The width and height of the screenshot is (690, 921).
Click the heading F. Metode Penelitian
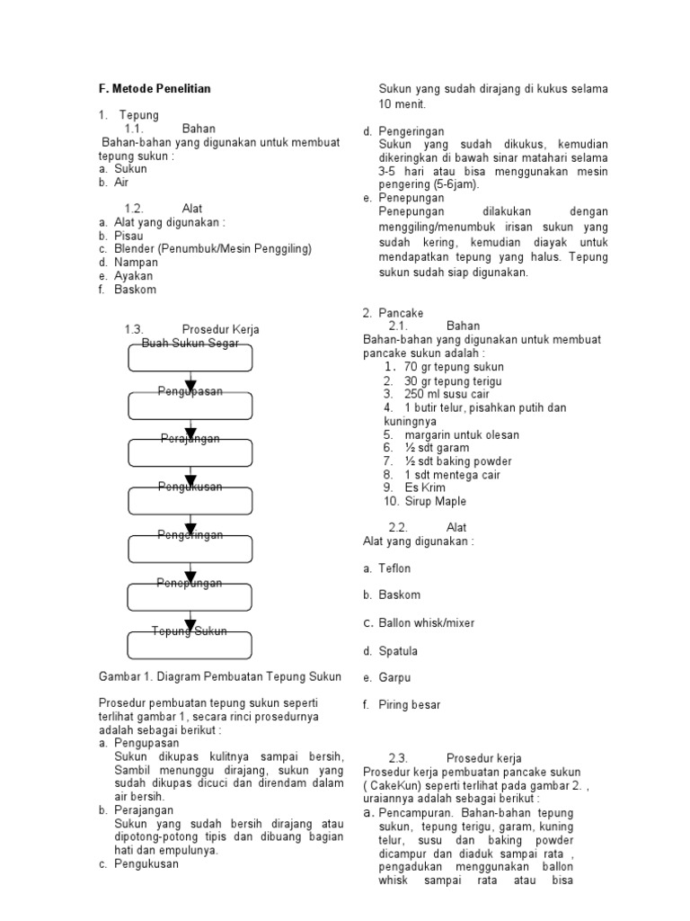(155, 89)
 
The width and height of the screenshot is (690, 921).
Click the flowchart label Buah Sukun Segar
(190, 344)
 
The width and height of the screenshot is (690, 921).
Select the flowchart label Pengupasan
(190, 391)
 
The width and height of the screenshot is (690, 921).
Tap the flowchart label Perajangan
(190, 439)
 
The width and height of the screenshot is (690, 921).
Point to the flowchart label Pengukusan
(190, 487)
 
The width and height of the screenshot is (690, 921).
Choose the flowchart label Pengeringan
(190, 535)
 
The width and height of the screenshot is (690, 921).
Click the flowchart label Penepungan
(190, 583)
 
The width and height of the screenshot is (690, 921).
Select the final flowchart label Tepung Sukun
(190, 630)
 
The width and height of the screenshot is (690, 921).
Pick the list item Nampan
(136, 263)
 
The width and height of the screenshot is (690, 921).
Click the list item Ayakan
(134, 276)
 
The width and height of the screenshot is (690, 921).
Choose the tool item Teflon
(394, 568)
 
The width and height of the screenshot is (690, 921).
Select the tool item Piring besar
(409, 705)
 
